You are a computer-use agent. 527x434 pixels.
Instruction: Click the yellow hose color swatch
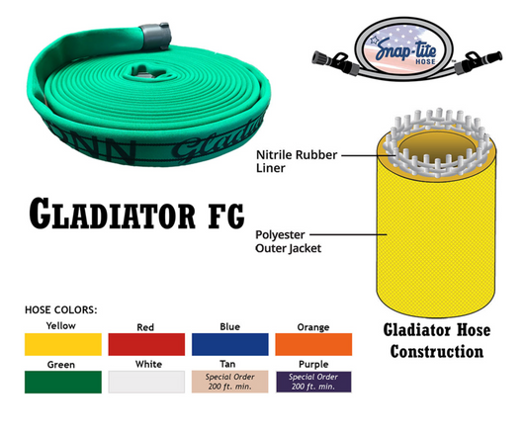click(61, 343)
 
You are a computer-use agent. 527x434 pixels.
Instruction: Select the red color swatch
click(146, 343)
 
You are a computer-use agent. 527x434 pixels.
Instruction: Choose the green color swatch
click(61, 383)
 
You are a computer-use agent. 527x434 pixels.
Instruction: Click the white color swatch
click(146, 383)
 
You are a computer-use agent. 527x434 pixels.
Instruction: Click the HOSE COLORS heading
click(60, 309)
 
